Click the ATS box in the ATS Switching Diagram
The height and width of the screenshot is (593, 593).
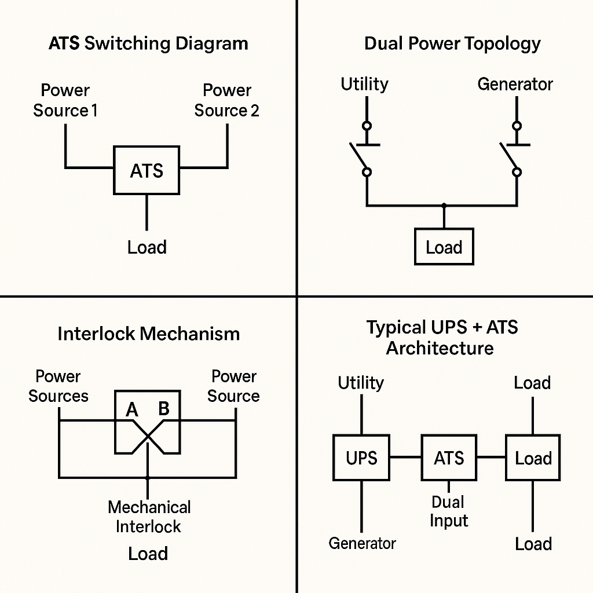tap(147, 170)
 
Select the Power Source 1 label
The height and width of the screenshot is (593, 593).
tap(65, 101)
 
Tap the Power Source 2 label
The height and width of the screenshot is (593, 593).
tap(226, 101)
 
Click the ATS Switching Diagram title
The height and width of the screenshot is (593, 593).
tap(148, 43)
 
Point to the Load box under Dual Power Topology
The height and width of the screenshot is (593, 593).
tap(444, 247)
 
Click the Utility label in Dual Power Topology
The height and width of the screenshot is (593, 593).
tap(364, 84)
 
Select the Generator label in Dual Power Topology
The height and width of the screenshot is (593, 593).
tap(515, 84)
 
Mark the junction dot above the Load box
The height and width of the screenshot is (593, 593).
tap(444, 205)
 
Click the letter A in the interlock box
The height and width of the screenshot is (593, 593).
tap(132, 410)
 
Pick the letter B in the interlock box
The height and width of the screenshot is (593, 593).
tap(164, 409)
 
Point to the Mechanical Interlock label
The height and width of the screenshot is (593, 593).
tap(149, 517)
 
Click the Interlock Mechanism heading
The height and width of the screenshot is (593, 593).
tap(148, 334)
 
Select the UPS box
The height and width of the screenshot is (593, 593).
tap(361, 458)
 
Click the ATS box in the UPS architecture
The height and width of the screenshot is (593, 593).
tap(449, 458)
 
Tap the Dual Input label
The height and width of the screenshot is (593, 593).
tap(448, 511)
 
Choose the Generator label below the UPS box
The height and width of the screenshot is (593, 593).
tap(362, 543)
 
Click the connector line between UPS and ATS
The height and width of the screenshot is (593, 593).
tap(405, 457)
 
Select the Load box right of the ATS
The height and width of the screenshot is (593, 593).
tap(533, 458)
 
